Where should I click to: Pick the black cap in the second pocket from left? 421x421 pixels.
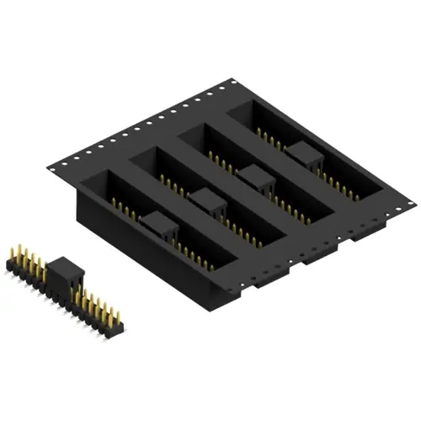205,201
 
